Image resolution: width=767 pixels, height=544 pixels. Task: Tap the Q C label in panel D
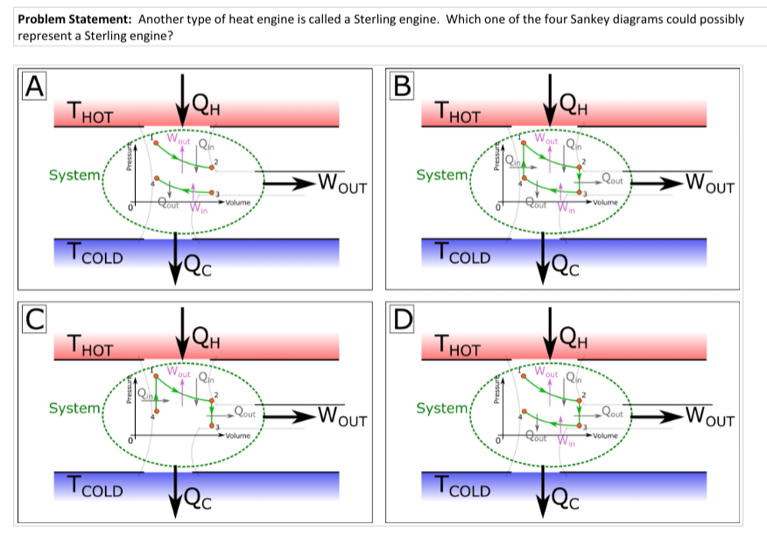pyautogui.click(x=569, y=499)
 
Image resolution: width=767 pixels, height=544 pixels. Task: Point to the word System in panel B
pyautogui.click(x=442, y=175)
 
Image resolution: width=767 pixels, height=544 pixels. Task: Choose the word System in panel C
pyautogui.click(x=74, y=408)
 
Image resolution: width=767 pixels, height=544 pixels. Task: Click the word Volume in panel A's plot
pyautogui.click(x=237, y=203)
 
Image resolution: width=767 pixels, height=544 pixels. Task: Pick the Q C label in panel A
pyautogui.click(x=202, y=266)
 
